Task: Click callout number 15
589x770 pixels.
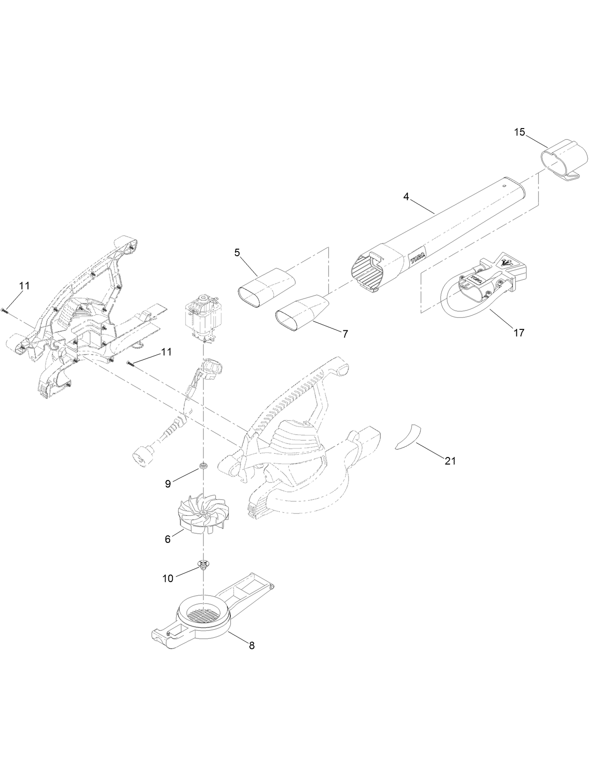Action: pyautogui.click(x=519, y=132)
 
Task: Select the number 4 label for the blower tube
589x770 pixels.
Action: pyautogui.click(x=406, y=197)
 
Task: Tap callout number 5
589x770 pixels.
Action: pyautogui.click(x=237, y=252)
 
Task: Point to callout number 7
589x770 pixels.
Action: pyautogui.click(x=345, y=334)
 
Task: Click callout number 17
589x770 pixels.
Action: pyautogui.click(x=519, y=333)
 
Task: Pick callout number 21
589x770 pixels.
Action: pyautogui.click(x=450, y=461)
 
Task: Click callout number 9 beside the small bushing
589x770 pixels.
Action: pyautogui.click(x=168, y=484)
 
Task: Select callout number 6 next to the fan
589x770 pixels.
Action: pyautogui.click(x=168, y=539)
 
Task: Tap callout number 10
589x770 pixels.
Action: pyautogui.click(x=168, y=579)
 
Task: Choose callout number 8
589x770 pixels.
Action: pyautogui.click(x=251, y=645)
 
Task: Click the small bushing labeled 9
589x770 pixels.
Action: pyautogui.click(x=204, y=465)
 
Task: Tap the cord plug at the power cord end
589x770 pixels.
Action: pyautogui.click(x=143, y=455)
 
